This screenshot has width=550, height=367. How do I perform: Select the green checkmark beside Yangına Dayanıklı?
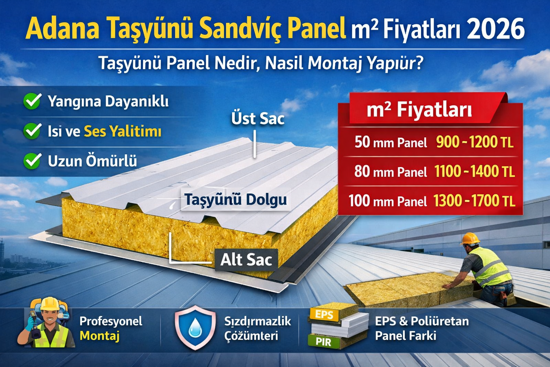coord(32,101)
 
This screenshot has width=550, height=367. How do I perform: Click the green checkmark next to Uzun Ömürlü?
coord(32,161)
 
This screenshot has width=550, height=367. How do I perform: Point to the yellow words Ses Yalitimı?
coord(122,131)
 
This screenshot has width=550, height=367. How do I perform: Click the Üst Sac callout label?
coord(258,119)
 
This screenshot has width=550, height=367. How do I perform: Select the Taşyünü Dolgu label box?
coord(236,199)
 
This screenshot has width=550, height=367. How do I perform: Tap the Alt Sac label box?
coord(246,260)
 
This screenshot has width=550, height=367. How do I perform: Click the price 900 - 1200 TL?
coord(475,142)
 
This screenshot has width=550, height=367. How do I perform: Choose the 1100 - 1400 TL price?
coord(474,171)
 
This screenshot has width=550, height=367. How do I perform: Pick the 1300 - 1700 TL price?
coord(474,201)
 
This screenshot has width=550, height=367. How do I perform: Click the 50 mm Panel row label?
coord(391,142)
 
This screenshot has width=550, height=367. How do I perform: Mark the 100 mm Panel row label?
coord(388,201)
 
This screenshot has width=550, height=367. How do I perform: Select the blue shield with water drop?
coord(195,327)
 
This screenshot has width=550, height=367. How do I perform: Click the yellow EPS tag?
coord(324,315)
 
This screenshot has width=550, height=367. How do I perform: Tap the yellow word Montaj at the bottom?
coord(100,336)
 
